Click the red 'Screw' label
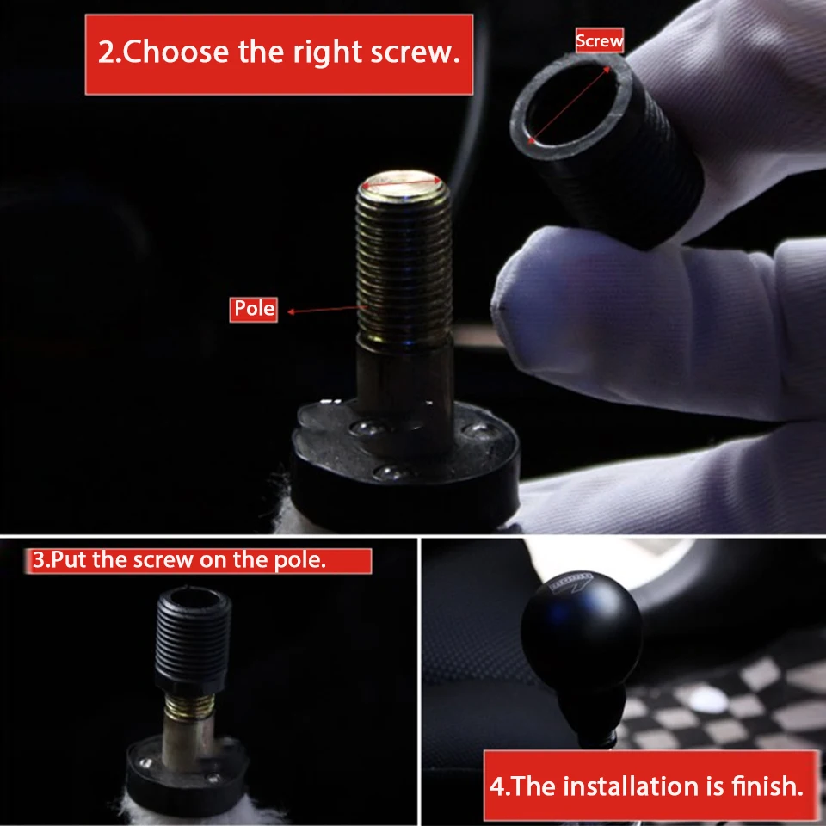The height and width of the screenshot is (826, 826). pyautogui.click(x=600, y=40)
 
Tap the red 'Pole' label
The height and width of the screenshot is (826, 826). pyautogui.click(x=253, y=309)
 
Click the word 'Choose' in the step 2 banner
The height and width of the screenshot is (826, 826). pyautogui.click(x=176, y=52)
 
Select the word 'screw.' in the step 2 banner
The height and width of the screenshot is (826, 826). pyautogui.click(x=416, y=52)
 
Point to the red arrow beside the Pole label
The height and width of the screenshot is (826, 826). pyautogui.click(x=326, y=310)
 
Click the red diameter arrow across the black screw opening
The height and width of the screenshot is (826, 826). pyautogui.click(x=570, y=105)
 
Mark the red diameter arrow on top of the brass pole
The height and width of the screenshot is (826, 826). pyautogui.click(x=403, y=182)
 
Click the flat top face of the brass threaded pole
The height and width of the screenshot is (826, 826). pyautogui.click(x=403, y=182)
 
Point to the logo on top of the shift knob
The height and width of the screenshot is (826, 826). pyautogui.click(x=571, y=583)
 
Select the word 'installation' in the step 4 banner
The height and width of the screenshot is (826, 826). pyautogui.click(x=634, y=786)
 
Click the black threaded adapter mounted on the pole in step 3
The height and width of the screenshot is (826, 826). pyautogui.click(x=194, y=640)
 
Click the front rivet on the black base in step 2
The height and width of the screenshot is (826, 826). pyautogui.click(x=391, y=471)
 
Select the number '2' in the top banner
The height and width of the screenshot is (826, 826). pyautogui.click(x=106, y=52)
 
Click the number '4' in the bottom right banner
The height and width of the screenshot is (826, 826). pyautogui.click(x=497, y=786)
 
